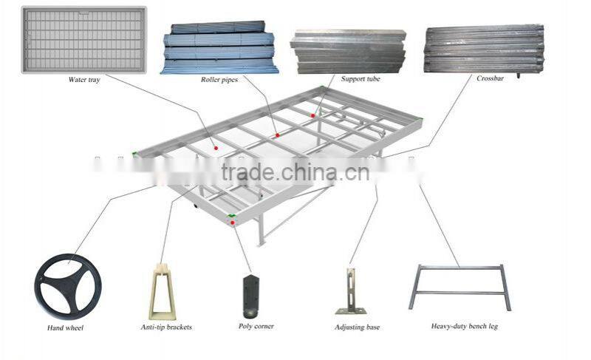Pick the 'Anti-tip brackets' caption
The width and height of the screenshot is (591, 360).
(166, 327)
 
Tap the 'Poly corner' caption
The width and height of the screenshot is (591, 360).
(256, 326)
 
